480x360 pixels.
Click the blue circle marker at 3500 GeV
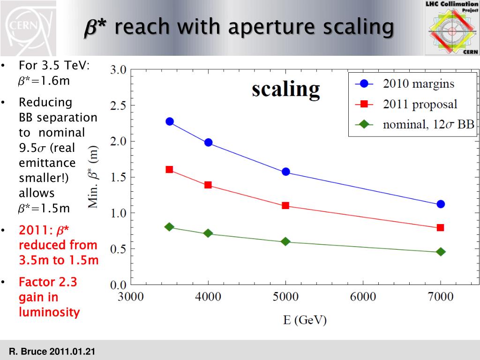click(170, 121)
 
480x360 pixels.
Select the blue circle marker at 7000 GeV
click(441, 204)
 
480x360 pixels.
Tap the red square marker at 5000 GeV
click(285, 205)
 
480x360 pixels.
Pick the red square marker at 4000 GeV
click(208, 185)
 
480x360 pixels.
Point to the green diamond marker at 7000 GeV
click(441, 252)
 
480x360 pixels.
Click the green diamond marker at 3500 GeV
click(170, 227)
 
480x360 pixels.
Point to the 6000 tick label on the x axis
click(363, 296)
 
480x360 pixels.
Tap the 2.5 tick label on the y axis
click(118, 105)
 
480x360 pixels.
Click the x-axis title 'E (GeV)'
click(305, 320)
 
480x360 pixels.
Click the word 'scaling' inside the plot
click(286, 89)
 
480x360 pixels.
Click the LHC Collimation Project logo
click(451, 28)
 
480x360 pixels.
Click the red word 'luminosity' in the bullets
click(49, 312)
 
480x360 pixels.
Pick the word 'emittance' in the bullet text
click(47, 163)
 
